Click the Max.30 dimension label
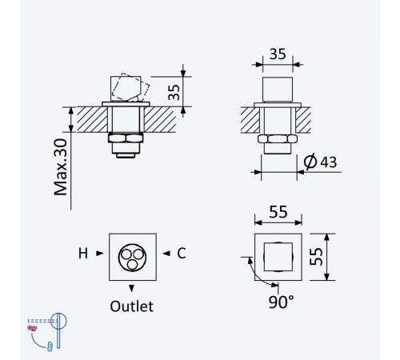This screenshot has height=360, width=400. pyautogui.click(x=61, y=167)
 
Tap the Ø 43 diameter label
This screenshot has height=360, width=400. pyautogui.click(x=320, y=162)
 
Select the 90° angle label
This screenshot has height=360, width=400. pyautogui.click(x=281, y=302)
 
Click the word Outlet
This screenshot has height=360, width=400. pyautogui.click(x=132, y=306)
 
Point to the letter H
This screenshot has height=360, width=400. pyautogui.click(x=83, y=254)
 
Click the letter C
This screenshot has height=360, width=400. pyautogui.click(x=182, y=254)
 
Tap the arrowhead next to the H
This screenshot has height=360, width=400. pyautogui.click(x=100, y=254)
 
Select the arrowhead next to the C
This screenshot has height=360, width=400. pyautogui.click(x=166, y=254)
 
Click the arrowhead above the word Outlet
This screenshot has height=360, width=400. pyautogui.click(x=131, y=288)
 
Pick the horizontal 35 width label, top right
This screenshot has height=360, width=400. pyautogui.click(x=278, y=54)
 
